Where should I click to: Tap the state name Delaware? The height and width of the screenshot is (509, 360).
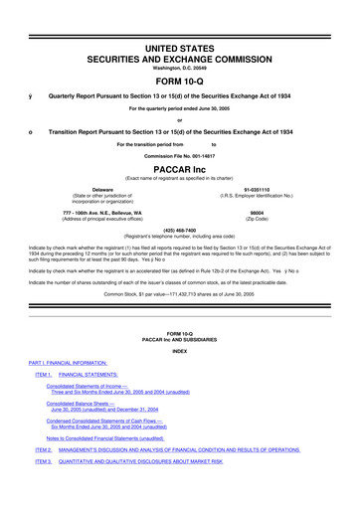tap(101, 189)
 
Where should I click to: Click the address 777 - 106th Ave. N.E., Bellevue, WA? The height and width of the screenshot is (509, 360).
tap(101, 212)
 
